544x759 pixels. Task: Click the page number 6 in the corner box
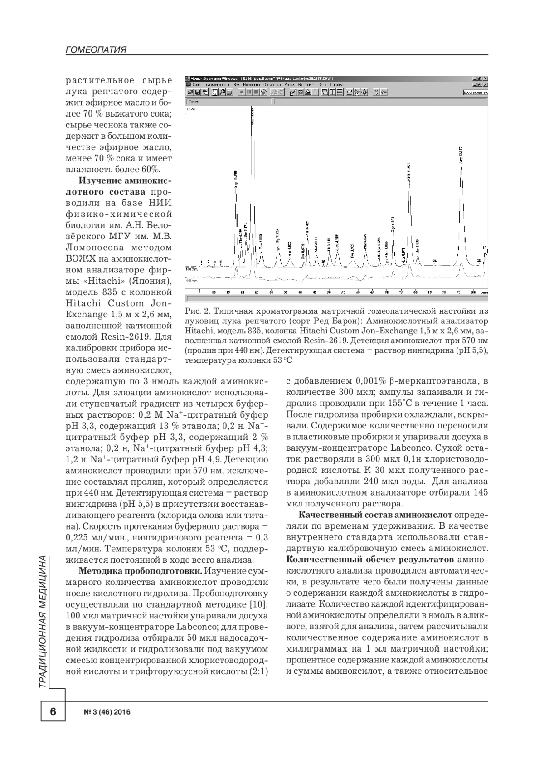tap(53, 712)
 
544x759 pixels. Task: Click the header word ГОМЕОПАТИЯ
tap(96, 50)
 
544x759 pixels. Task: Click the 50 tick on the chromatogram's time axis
tap(329, 292)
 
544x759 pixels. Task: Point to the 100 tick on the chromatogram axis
tap(472, 292)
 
